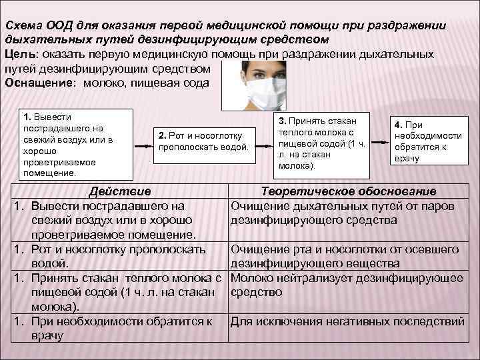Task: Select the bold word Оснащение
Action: (39, 82)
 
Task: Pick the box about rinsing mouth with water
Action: (204, 141)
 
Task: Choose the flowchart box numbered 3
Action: (319, 143)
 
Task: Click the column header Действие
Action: (120, 192)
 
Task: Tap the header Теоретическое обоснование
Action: (349, 192)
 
